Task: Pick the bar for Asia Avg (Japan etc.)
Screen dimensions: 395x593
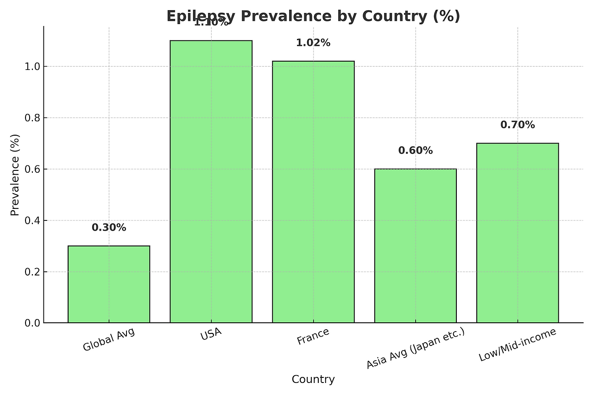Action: [x=416, y=245]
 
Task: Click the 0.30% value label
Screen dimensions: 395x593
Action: [x=109, y=227]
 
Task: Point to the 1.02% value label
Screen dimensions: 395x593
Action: [x=313, y=43]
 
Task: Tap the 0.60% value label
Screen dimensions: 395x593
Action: [x=416, y=150]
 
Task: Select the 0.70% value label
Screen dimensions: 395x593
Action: [x=517, y=125]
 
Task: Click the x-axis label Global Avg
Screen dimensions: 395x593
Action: [x=109, y=340]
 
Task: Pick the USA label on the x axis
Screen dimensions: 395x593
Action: [x=211, y=334]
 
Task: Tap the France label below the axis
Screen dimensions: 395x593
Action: [x=313, y=337]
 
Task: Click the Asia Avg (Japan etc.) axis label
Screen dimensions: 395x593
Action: [x=416, y=348]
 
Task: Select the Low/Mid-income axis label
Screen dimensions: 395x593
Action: [x=517, y=345]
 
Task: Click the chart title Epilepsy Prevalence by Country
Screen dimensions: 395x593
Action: [x=313, y=16]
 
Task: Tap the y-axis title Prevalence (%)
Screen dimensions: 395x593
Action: [x=15, y=175]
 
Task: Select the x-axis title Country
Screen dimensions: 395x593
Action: [x=313, y=380]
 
